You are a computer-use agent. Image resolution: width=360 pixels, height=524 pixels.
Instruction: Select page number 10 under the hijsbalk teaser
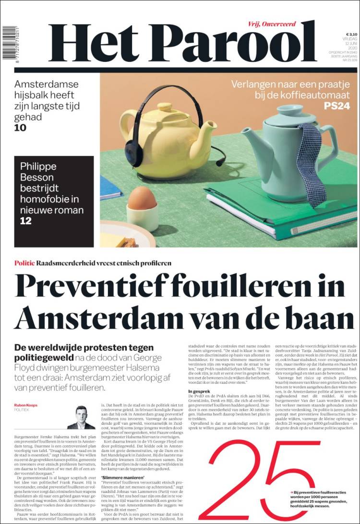20,128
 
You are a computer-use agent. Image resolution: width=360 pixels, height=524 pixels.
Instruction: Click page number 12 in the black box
25,221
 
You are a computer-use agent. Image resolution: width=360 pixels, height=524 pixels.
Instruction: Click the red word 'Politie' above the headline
24,263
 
